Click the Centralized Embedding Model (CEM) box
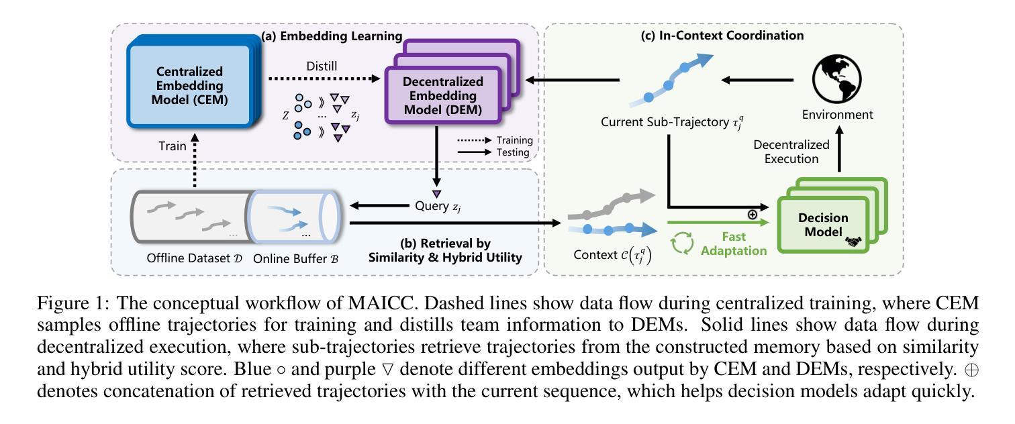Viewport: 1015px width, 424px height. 193,82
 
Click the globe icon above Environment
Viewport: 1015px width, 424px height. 836,79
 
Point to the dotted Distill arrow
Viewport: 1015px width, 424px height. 324,78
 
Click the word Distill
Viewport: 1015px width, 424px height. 322,66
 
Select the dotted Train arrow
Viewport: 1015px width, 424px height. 195,160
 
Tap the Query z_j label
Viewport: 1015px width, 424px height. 438,206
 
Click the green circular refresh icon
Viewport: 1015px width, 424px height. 682,243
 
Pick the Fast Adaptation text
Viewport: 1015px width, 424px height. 734,244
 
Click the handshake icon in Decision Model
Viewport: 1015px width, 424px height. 853,242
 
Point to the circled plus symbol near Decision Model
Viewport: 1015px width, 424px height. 752,215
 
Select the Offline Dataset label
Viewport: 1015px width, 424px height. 195,258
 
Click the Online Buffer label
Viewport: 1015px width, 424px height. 295,259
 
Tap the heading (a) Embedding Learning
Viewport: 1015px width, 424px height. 332,36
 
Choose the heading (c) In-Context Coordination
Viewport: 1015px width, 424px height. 722,36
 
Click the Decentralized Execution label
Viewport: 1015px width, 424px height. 791,152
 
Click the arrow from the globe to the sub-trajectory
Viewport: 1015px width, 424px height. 757,81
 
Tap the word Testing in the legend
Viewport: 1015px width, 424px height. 513,152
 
